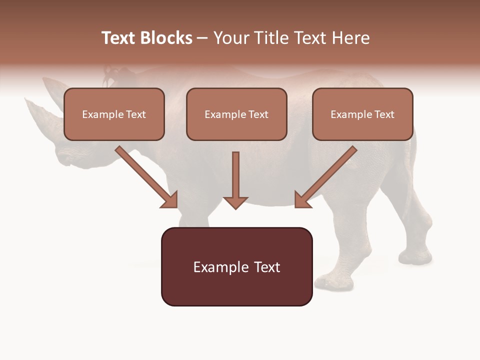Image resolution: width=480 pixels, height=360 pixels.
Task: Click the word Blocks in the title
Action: (x=166, y=38)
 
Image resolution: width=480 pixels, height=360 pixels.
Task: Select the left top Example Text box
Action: (x=114, y=114)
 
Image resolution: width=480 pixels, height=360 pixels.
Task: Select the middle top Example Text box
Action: (x=236, y=114)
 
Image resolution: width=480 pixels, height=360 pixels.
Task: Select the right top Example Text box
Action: (x=362, y=114)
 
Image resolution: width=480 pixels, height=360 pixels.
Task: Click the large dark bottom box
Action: (x=236, y=266)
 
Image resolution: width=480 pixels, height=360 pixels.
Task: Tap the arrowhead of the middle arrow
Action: (x=235, y=202)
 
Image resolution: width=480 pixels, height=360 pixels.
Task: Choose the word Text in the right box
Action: (x=384, y=114)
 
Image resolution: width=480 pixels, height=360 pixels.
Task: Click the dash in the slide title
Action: (x=202, y=38)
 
